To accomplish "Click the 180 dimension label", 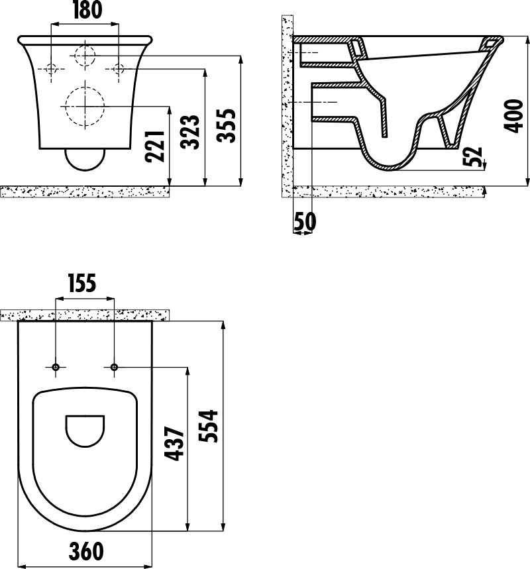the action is coord(87,10).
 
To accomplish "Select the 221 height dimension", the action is coord(155,146).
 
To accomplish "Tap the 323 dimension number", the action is coord(190,132).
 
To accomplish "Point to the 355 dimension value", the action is coord(226,125).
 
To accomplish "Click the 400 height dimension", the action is coord(513,116).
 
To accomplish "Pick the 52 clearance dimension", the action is coord(472,156).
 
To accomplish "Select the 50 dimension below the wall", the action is coord(305,221).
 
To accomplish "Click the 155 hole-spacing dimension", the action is coord(82,283).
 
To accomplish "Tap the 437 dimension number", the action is coord(175,444).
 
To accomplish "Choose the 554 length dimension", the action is coord(208,426).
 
